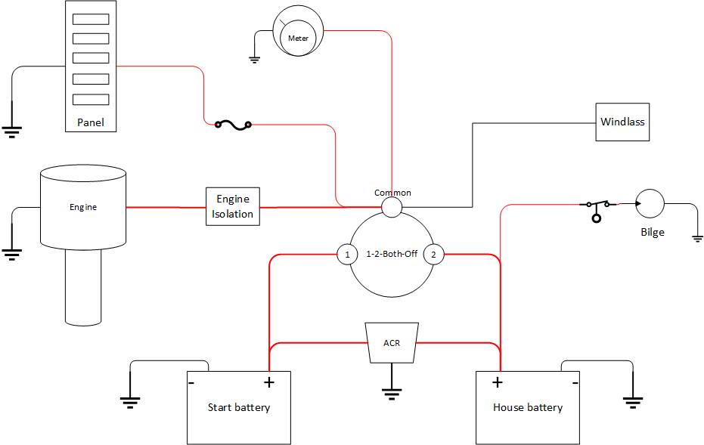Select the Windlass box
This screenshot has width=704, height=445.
point(622,122)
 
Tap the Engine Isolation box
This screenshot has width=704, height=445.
point(233,206)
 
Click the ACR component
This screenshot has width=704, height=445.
point(392,343)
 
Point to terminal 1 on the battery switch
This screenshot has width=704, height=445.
point(347,255)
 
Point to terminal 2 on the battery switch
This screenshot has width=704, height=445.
point(433,255)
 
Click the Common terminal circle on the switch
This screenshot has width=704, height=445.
point(391,207)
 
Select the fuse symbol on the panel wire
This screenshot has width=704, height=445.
point(233,124)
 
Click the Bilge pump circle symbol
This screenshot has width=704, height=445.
point(650,203)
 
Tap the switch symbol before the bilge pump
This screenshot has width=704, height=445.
point(597,207)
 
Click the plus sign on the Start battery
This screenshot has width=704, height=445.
point(268,382)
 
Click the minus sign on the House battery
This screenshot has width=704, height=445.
point(575,382)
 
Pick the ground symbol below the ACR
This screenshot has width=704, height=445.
point(391,393)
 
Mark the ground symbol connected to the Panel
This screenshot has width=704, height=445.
point(11,131)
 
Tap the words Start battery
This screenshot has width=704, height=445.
point(239,408)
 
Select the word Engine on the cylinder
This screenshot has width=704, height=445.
point(83,206)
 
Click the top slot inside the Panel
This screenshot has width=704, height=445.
point(90,20)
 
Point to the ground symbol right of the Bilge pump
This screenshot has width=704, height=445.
point(697,238)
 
